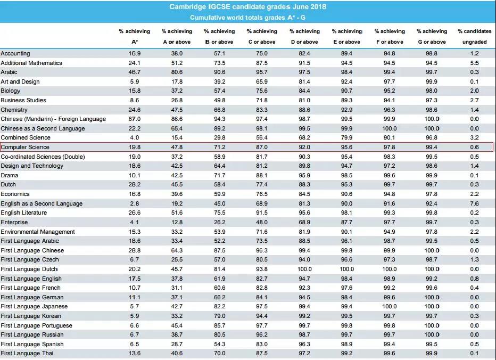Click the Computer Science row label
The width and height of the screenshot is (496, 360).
click(x=25, y=147)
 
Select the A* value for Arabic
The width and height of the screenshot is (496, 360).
click(x=134, y=72)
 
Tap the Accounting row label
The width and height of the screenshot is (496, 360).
click(x=15, y=53)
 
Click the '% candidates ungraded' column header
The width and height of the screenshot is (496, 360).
click(x=474, y=36)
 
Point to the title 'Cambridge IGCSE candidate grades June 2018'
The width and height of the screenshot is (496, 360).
click(x=247, y=7)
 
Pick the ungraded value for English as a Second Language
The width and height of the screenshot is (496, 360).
click(x=474, y=203)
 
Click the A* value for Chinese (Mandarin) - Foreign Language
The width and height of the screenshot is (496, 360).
click(x=134, y=119)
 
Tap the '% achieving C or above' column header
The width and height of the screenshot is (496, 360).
click(x=261, y=36)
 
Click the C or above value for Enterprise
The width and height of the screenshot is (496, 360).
click(x=261, y=222)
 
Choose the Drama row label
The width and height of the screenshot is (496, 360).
click(x=10, y=175)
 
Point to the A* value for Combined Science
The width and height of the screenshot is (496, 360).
click(x=134, y=138)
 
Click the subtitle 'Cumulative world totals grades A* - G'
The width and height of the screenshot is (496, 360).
click(x=247, y=18)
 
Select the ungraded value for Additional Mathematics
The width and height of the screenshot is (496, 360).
click(x=474, y=63)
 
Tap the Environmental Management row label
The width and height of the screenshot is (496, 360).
click(x=38, y=232)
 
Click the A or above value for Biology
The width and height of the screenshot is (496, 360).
click(x=177, y=91)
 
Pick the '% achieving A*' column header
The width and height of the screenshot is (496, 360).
click(x=134, y=36)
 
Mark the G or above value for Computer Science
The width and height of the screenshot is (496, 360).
click(x=432, y=147)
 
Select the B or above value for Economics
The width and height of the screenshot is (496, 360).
click(x=219, y=194)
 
